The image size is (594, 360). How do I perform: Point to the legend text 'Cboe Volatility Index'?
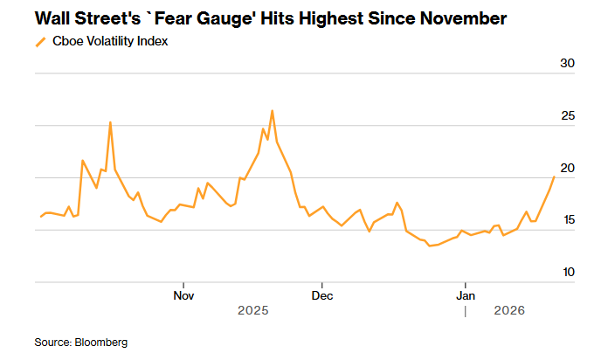[x=111, y=41]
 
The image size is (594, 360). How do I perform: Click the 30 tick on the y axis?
[x=567, y=63]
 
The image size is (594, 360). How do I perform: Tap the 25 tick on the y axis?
[x=567, y=115]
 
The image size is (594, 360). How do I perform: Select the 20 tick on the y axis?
[x=567, y=168]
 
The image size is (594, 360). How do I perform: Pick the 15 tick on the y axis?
[x=567, y=220]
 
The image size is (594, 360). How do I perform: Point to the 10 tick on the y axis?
[x=567, y=273]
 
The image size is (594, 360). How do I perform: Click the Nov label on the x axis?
[x=183, y=295]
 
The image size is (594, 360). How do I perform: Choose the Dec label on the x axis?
[x=321, y=295]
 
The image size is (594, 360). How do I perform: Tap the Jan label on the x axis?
[x=466, y=295]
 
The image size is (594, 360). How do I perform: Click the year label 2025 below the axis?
[x=253, y=311]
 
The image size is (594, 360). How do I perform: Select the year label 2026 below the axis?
[x=509, y=311]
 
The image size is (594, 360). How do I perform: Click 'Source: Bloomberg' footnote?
[x=80, y=342]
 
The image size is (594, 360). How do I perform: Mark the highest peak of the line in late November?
[x=273, y=111]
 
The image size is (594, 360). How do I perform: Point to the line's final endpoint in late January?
[x=554, y=177]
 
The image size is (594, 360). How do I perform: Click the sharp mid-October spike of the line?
[x=110, y=122]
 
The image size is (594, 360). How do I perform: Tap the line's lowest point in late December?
[x=429, y=246]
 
